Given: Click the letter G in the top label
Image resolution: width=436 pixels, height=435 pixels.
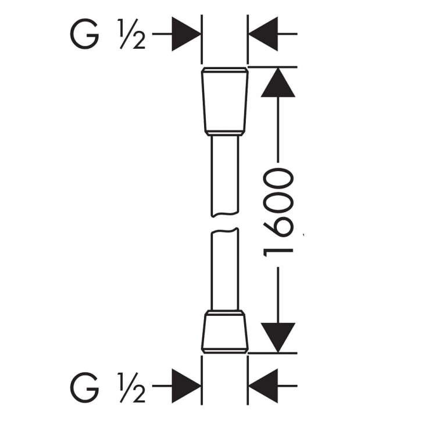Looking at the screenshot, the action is (84, 34).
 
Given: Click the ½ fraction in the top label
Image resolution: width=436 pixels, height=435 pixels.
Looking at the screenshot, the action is (131, 34).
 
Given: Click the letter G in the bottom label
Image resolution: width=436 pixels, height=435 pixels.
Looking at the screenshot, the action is (84, 387).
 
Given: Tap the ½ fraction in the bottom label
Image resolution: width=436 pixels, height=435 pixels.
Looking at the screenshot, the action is (131, 387).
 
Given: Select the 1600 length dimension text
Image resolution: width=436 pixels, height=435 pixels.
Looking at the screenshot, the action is (278, 212).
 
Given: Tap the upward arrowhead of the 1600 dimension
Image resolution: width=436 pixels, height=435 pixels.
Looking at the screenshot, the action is (278, 83).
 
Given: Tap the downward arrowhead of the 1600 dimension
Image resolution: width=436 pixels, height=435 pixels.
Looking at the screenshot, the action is (278, 338).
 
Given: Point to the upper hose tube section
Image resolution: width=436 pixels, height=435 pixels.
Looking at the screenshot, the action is (224, 176).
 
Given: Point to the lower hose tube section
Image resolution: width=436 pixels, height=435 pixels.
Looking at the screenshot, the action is (224, 269).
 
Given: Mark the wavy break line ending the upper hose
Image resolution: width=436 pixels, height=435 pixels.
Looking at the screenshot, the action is (224, 214).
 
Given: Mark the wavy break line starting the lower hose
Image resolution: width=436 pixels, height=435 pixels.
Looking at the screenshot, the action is (224, 230).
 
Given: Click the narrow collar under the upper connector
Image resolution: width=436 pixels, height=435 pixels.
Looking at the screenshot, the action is (224, 134).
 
